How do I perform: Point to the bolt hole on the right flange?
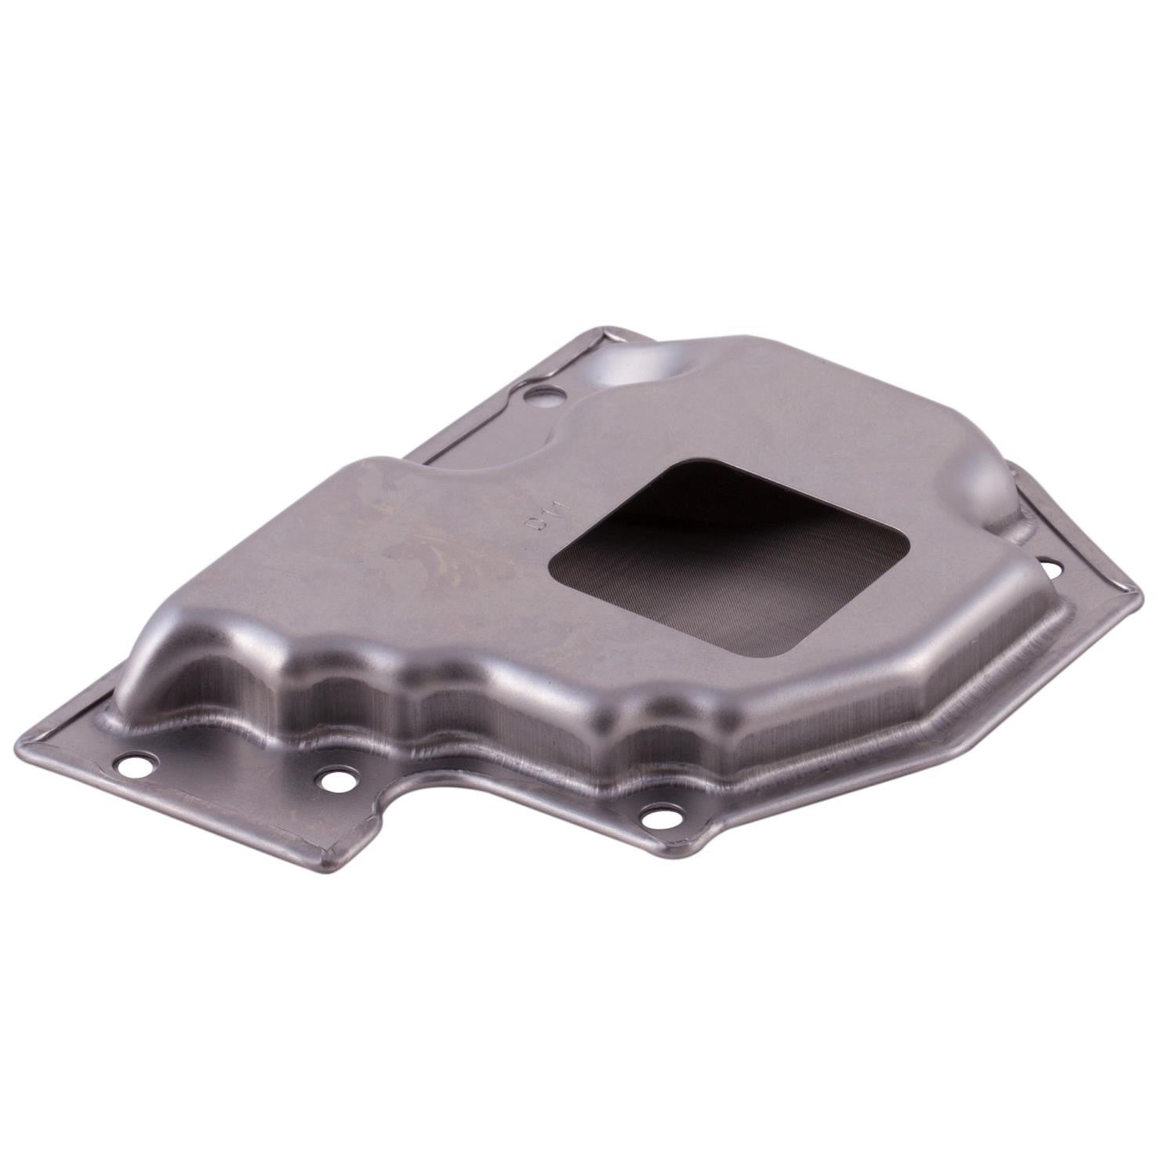coord(1047,563)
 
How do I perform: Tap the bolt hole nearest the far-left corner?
coord(138,766)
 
